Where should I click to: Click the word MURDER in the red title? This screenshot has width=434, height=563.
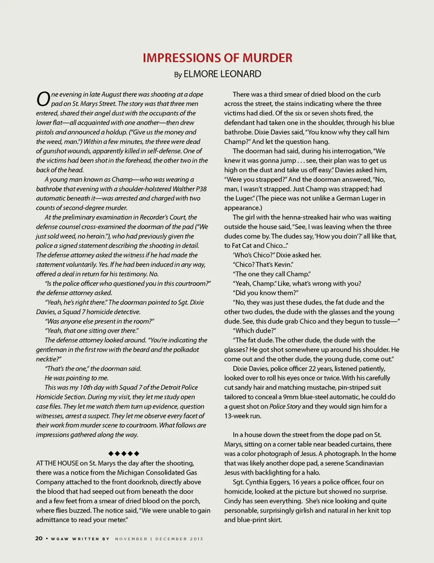(267, 58)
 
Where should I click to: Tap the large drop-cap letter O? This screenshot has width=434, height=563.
(43, 99)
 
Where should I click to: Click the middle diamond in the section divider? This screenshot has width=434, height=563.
(124, 453)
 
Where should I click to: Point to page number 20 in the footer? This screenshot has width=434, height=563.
(39, 538)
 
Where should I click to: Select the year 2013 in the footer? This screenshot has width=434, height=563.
(197, 539)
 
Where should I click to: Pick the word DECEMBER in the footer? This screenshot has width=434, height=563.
(172, 539)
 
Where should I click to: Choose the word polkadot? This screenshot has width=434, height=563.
(184, 350)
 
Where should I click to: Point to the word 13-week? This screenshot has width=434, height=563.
(237, 416)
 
